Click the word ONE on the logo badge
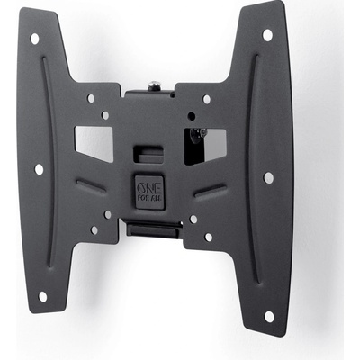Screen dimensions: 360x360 coord(149,188)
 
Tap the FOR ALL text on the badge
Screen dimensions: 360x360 coord(149,198)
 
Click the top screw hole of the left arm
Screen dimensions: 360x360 coord(35,39)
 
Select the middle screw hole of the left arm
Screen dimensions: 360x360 coord(39,169)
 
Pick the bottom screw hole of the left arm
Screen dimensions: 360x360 coord(43,297)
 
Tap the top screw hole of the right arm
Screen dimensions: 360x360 coord(267,35)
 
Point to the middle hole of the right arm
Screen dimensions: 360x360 coord(268,177)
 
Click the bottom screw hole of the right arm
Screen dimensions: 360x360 coord(269,317)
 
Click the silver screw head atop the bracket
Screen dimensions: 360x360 coord(155,85)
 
